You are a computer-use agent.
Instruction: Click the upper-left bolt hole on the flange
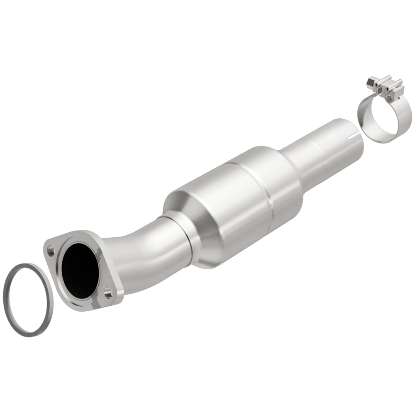click(x=51, y=250)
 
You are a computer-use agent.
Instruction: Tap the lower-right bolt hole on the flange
click(x=108, y=293)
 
